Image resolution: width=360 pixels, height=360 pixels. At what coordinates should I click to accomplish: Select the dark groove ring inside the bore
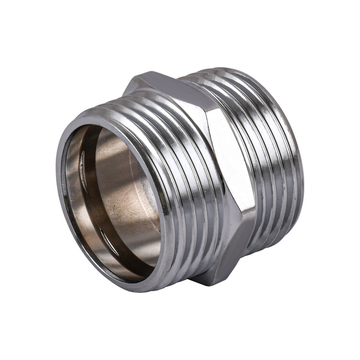tap(94, 202)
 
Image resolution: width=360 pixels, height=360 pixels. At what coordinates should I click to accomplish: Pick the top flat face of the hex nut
tap(173, 86)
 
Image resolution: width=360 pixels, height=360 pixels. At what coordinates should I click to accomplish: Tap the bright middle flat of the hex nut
tap(230, 158)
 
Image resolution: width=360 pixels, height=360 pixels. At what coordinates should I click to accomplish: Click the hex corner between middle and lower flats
tap(248, 212)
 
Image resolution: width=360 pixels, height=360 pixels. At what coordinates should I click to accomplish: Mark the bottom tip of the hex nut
tap(209, 284)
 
